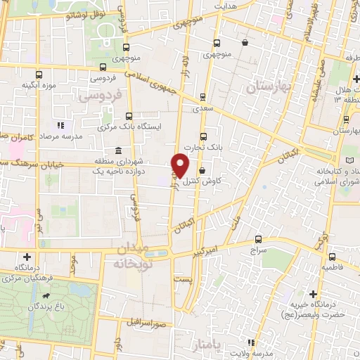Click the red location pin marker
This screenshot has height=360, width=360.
tap(181, 164)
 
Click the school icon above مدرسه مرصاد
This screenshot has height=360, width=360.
tap(59, 125)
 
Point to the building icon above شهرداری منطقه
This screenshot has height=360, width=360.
tap(117, 151)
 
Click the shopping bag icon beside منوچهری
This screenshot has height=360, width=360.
tap(244, 42)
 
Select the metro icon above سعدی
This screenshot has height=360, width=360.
tap(203, 98)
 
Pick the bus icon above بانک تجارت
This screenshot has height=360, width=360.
tap(203, 136)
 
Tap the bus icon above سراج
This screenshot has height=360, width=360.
tap(258, 239)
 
